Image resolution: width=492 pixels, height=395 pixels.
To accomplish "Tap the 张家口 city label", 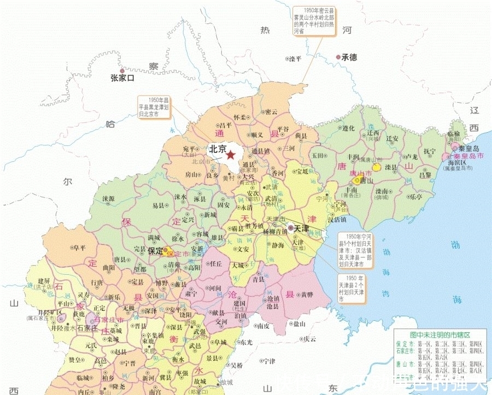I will (122, 78).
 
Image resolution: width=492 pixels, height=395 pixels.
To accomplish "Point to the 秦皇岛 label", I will (468, 148).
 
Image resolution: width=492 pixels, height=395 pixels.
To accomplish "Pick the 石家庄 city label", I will (87, 328).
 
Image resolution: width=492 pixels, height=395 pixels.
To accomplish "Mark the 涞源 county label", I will (108, 199).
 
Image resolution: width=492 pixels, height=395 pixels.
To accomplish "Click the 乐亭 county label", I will (415, 196).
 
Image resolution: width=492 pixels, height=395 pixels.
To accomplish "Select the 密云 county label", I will (271, 112).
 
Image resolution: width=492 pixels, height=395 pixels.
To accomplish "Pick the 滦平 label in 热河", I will (295, 59).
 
